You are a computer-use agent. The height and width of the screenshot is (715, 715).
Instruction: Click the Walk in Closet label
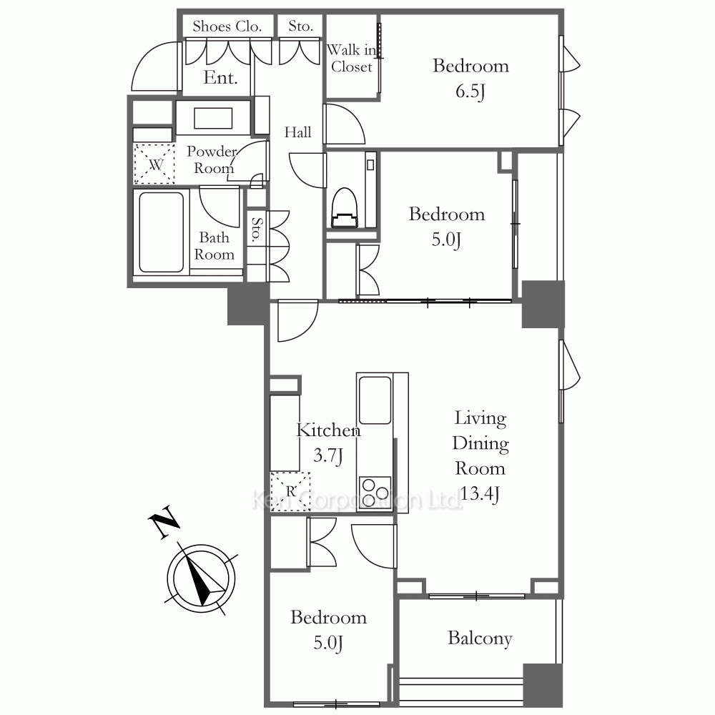point(352,58)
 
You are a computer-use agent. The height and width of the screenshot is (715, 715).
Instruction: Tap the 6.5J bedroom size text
point(470,92)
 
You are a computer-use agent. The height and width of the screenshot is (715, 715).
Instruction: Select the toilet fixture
point(345,207)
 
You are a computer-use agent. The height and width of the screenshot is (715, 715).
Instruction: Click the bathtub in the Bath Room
point(162,232)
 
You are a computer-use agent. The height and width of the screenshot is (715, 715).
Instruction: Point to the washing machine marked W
point(154,164)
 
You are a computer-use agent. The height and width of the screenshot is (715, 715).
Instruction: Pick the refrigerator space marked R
point(290,491)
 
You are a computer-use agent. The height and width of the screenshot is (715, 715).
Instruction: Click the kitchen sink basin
point(375,400)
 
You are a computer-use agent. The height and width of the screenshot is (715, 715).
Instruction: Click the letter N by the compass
point(163,522)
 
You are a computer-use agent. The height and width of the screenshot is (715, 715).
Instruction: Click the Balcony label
point(480,638)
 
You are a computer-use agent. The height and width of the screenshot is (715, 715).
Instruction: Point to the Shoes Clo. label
point(227,26)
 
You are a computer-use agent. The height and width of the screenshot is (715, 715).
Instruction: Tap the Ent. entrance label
point(220,77)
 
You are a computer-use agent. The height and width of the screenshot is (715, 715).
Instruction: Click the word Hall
point(297,132)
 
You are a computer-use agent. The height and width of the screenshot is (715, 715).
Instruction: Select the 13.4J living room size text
point(480,493)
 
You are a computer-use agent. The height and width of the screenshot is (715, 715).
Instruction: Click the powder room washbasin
point(213,118)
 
